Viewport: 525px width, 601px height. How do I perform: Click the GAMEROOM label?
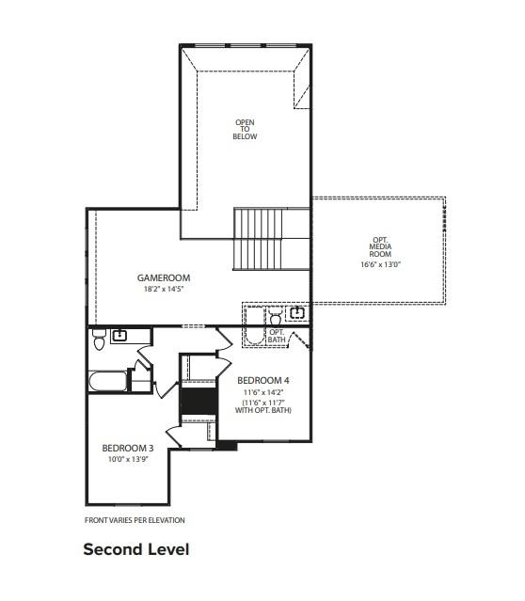click(164, 277)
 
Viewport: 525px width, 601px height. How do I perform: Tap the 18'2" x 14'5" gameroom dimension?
click(164, 289)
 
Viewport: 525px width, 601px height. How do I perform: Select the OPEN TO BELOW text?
click(245, 130)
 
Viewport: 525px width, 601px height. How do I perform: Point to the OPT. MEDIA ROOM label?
click(380, 249)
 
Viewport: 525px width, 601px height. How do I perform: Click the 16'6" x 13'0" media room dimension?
click(380, 264)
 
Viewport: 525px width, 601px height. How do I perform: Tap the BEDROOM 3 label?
click(127, 448)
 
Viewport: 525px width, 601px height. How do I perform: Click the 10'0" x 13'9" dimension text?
click(127, 459)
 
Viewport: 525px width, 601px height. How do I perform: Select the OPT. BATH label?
click(277, 336)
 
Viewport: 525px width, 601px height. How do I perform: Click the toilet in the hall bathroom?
click(99, 342)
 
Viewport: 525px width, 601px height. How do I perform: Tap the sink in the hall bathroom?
click(120, 335)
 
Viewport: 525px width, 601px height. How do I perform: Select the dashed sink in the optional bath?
click(297, 312)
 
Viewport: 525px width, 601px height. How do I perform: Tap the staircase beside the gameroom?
click(258, 239)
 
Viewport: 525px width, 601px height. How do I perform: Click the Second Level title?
click(136, 548)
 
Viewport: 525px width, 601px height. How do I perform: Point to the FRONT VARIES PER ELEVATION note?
click(135, 520)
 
